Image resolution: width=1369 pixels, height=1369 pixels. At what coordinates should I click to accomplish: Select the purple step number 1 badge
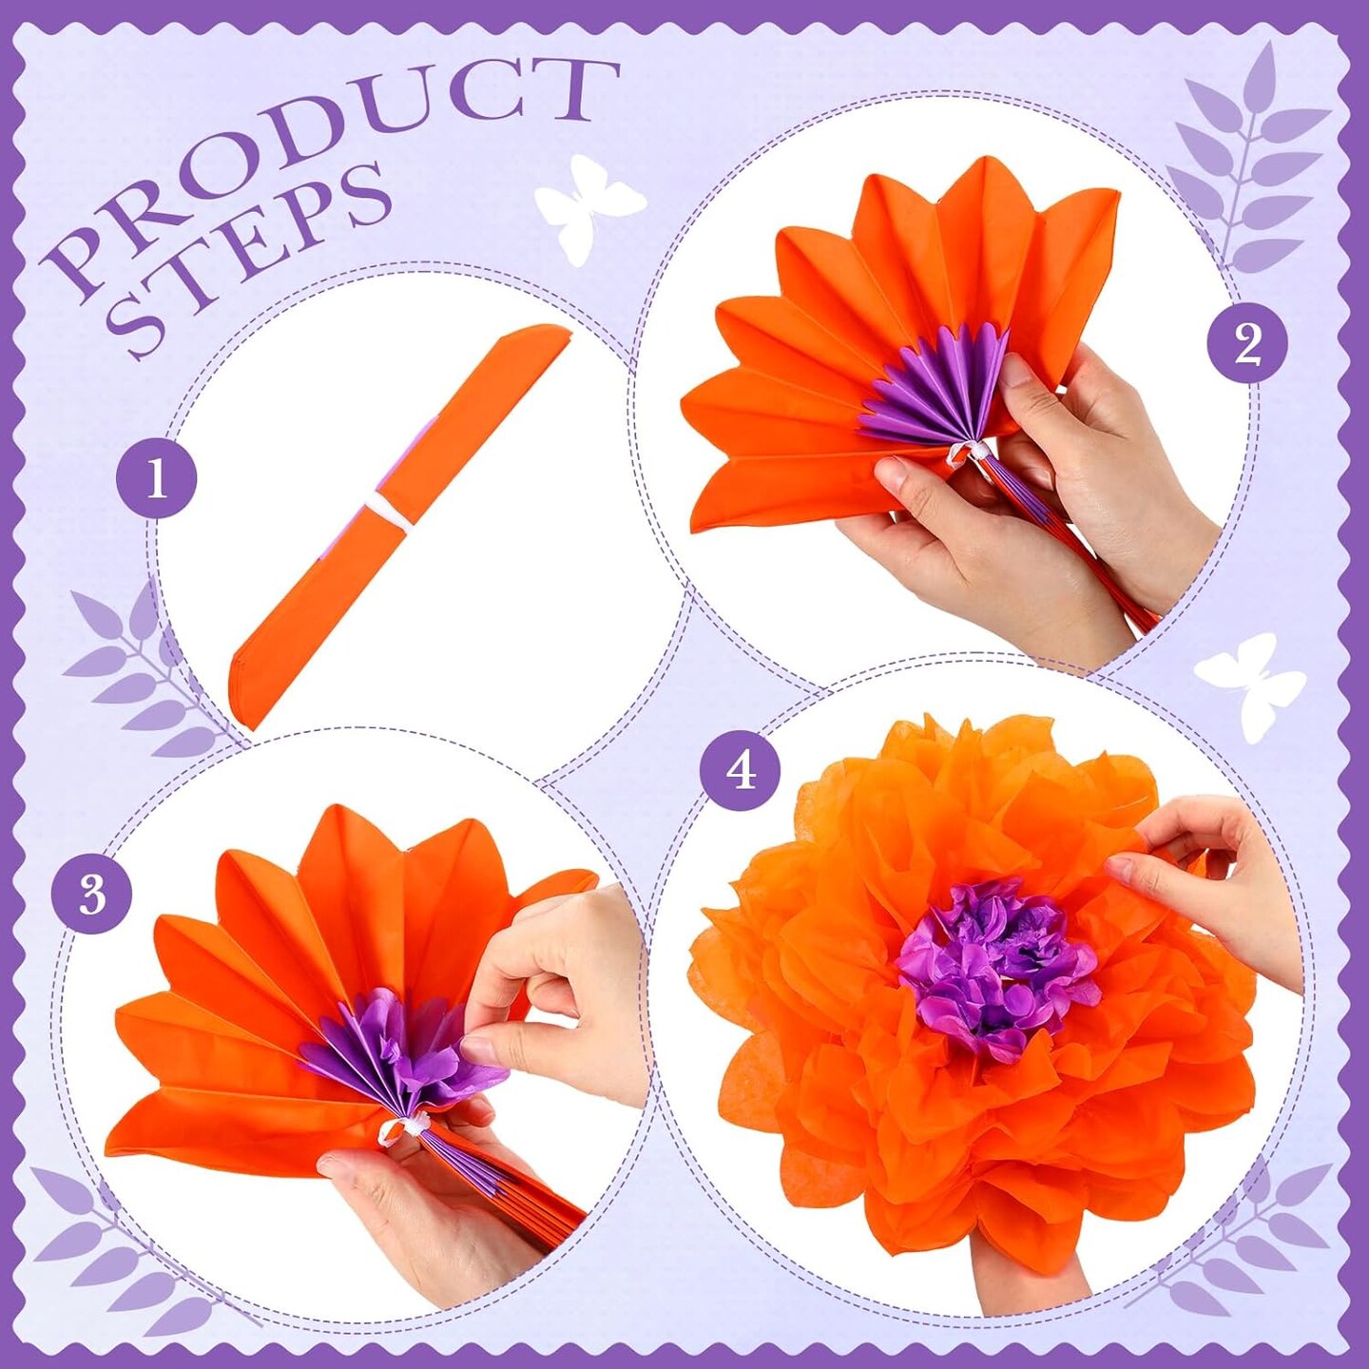[x=157, y=479]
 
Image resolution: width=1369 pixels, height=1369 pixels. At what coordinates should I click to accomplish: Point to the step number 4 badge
[x=741, y=772]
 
